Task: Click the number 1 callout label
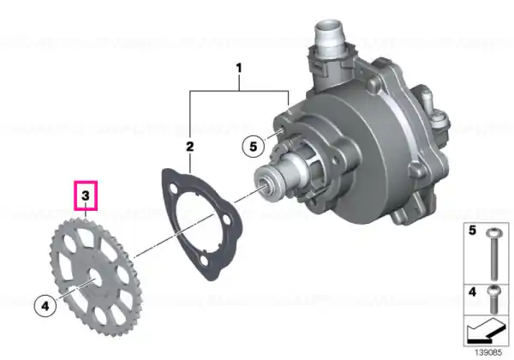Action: click(239, 69)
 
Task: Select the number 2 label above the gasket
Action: click(190, 147)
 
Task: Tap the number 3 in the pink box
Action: click(86, 195)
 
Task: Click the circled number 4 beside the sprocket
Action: click(45, 306)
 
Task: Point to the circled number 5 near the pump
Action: click(253, 147)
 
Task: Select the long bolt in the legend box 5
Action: click(494, 255)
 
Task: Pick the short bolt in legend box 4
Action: click(494, 298)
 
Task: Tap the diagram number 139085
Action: click(488, 353)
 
